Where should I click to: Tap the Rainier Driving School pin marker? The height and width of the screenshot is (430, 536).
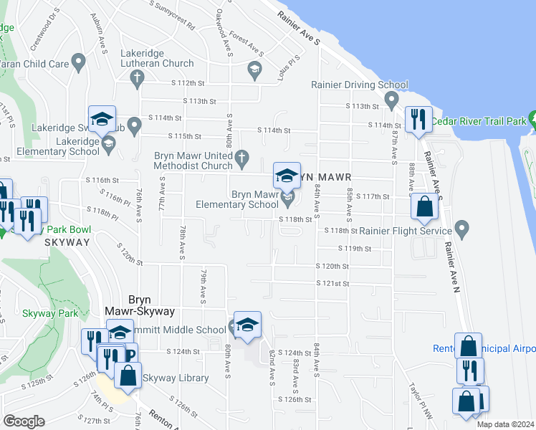point(391,99)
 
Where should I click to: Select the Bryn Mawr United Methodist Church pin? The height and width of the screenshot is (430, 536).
point(243,157)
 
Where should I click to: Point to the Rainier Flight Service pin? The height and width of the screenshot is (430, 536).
point(461,230)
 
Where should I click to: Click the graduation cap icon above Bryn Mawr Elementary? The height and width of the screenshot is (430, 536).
point(287,175)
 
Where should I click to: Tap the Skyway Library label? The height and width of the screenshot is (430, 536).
point(176,378)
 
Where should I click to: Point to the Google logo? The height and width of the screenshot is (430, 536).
point(24,421)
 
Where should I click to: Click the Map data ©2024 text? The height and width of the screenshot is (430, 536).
point(505,424)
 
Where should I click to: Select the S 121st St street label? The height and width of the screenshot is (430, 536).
point(335,283)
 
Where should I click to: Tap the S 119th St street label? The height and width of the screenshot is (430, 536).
point(355,249)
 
